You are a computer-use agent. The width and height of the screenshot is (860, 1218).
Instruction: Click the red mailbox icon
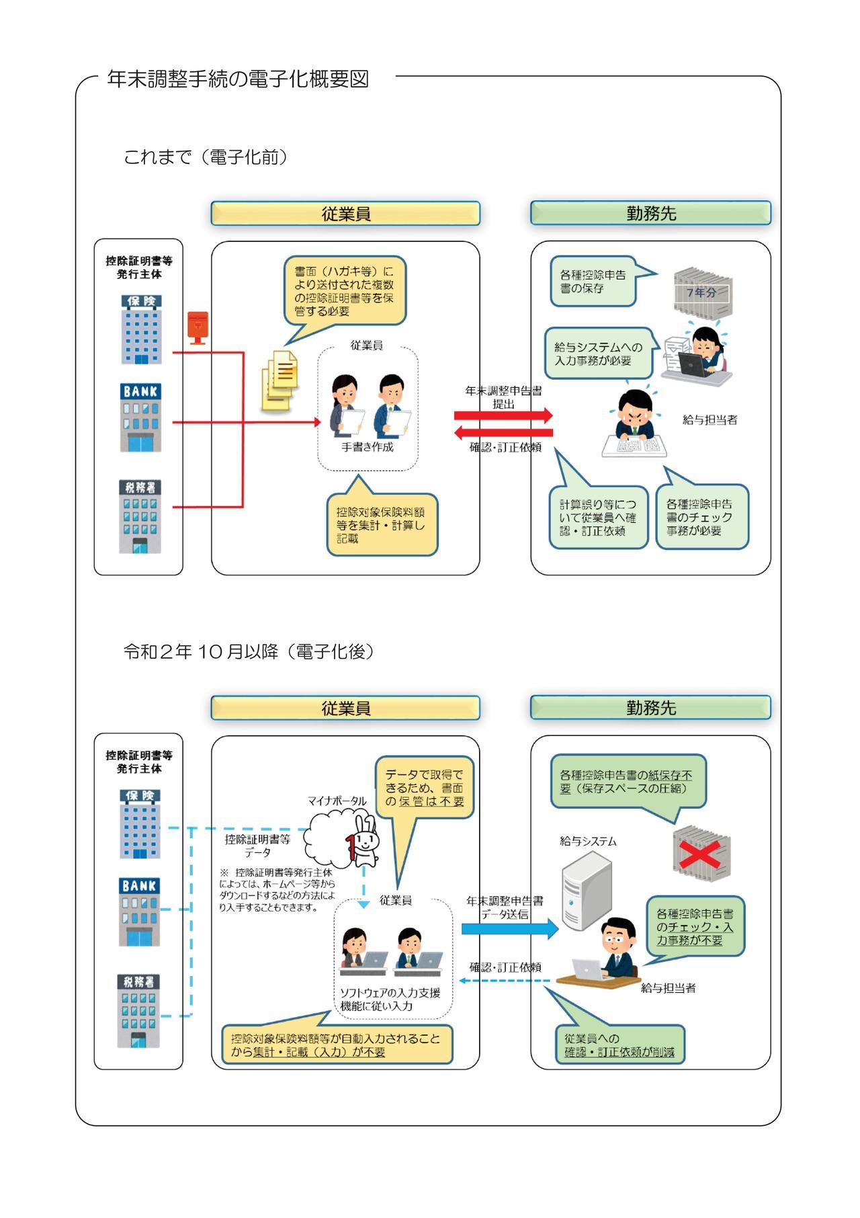(x=198, y=327)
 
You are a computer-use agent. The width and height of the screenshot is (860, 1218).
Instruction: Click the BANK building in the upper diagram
(x=140, y=417)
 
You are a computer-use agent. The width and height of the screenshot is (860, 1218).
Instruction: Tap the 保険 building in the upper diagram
(x=140, y=329)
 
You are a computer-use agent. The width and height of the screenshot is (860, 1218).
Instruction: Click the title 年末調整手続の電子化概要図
(x=238, y=79)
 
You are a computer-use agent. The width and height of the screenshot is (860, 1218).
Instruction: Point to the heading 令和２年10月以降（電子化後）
(x=249, y=651)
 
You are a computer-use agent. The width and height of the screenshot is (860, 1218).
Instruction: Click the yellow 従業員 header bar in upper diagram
(x=345, y=213)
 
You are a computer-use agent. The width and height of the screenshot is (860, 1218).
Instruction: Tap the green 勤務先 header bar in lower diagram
(x=650, y=708)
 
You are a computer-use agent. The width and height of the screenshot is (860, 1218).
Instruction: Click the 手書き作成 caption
(x=368, y=447)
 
